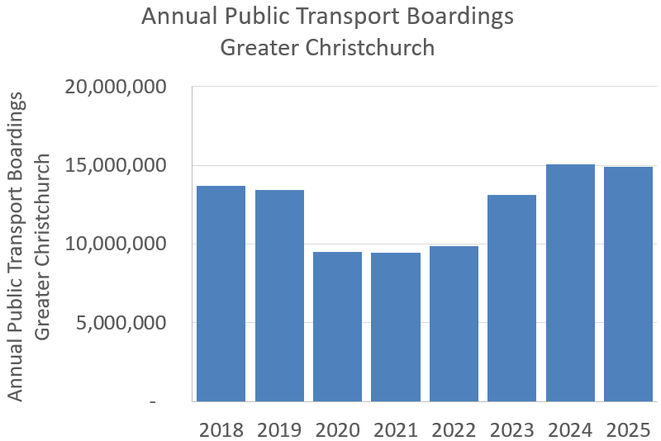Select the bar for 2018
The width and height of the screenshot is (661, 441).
pyautogui.click(x=221, y=293)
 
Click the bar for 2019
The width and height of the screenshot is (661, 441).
pyautogui.click(x=279, y=296)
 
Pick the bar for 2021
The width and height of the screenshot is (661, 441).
pyautogui.click(x=395, y=327)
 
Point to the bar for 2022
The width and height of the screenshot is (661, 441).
pyautogui.click(x=454, y=324)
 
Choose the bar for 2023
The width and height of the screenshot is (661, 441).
pyautogui.click(x=511, y=298)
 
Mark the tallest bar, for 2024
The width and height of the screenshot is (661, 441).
pyautogui.click(x=570, y=282)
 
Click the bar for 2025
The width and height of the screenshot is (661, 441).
pyautogui.click(x=628, y=284)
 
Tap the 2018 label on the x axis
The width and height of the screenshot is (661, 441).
pyautogui.click(x=221, y=429)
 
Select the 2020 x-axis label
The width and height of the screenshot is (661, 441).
pyautogui.click(x=337, y=429)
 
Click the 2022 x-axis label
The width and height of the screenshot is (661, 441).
pyautogui.click(x=454, y=429)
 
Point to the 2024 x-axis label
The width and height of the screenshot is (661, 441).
pyautogui.click(x=570, y=429)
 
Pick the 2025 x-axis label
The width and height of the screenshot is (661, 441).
pyautogui.click(x=628, y=429)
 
